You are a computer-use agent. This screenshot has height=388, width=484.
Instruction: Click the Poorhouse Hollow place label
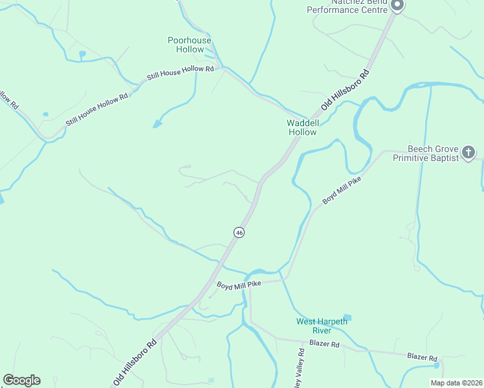pos(190,45)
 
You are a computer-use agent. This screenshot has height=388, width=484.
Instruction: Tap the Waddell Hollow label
pos(302,127)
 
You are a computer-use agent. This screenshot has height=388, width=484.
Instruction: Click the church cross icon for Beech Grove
pos(469,153)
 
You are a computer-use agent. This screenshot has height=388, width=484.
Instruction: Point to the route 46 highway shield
pos(239,233)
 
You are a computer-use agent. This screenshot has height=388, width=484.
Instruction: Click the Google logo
pos(21,380)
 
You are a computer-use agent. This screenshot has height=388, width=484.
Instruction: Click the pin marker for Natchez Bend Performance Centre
pos(397,5)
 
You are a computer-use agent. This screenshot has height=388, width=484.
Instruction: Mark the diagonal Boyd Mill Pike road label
pos(341,191)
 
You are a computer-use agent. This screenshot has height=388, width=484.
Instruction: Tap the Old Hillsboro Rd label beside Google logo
pos(135,360)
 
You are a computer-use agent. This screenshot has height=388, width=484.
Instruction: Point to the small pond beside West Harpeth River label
pos(347,318)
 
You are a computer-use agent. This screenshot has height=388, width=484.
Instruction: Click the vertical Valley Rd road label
pos(300,368)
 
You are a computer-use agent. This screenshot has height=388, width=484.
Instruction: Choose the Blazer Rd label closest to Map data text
pos(422,357)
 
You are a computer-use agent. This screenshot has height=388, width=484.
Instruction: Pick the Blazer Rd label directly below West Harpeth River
pos(324,344)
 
